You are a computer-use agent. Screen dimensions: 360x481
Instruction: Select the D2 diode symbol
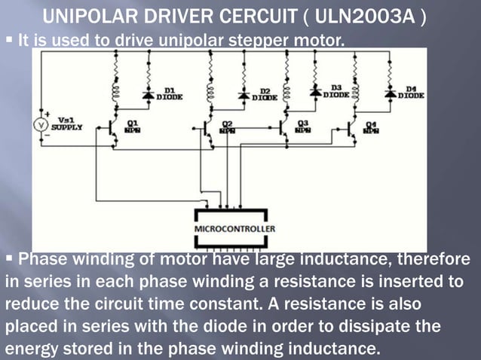click(x=244, y=96)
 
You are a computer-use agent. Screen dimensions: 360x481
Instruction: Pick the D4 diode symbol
click(x=390, y=94)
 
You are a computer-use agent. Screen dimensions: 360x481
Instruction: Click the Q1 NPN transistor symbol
click(x=112, y=129)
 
